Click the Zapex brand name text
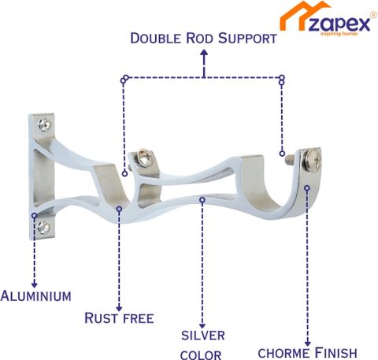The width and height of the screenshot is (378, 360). pos(339,24)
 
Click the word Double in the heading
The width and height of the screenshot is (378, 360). pos(156,39)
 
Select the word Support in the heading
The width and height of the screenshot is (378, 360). pos(247,39)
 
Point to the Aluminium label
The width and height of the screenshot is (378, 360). pos(36,296)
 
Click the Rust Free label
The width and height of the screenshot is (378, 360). pos(119,318)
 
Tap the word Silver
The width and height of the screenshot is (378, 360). pos(203,336)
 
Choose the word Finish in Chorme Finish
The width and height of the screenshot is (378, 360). pos(335,353)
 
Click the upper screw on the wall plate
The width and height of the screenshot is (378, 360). pos(44,124)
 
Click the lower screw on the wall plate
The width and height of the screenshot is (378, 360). pos(43,227)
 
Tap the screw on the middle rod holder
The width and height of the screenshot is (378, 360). pos(143,158)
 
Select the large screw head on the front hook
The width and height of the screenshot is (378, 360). pos(312,159)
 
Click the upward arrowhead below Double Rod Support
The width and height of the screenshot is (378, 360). pos(204,53)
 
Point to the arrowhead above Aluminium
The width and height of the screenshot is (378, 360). pos(34,284)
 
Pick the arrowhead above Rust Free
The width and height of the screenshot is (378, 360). pos(119,308)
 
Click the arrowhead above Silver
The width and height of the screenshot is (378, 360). pos(202,325)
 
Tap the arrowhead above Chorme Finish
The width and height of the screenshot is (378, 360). pos(308,343)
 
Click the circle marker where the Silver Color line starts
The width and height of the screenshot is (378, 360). pos(202,200)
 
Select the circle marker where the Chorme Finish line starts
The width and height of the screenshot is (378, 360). pos(307,188)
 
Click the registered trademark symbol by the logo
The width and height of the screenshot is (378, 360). pos(373,15)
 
